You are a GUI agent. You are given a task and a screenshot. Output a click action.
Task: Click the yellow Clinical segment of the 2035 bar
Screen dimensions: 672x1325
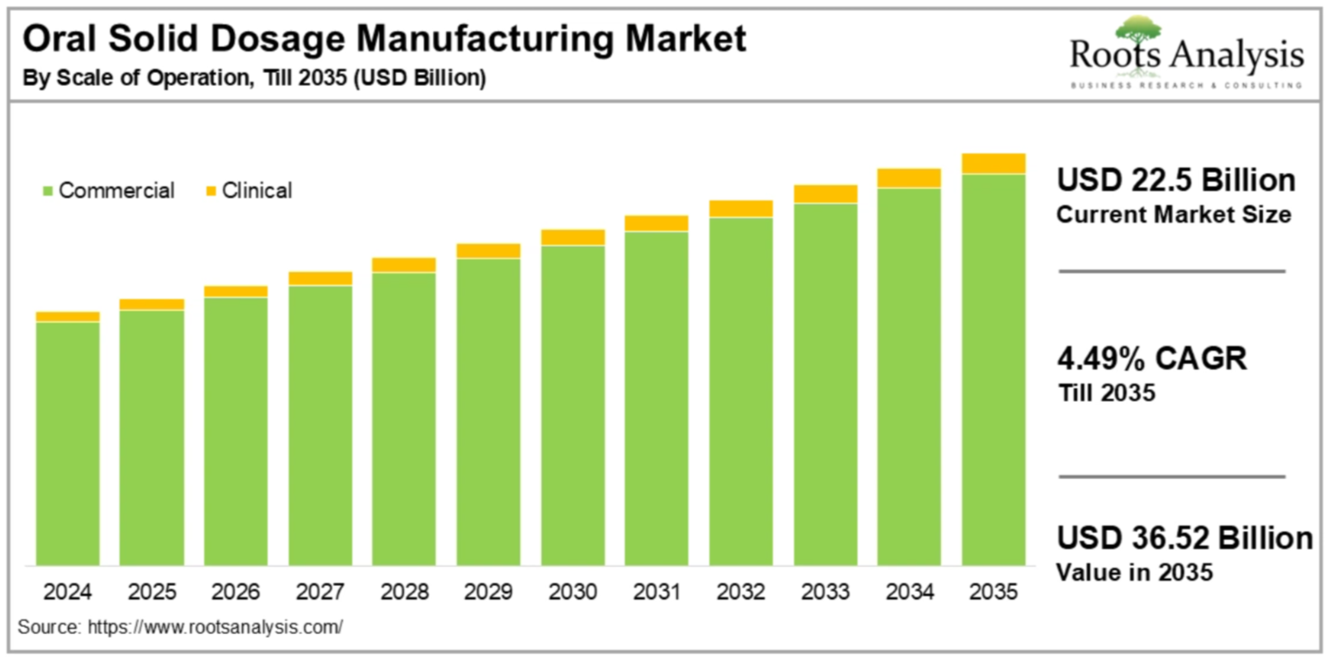coord(993,163)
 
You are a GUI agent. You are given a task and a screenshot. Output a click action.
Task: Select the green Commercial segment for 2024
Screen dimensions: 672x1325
coord(67,443)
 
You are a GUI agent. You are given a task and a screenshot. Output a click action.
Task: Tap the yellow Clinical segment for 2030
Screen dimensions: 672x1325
coord(573,237)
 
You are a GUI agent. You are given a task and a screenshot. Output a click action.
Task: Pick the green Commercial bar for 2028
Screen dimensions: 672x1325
coord(404,418)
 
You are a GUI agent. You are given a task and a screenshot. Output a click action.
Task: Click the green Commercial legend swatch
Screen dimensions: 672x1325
coord(46,190)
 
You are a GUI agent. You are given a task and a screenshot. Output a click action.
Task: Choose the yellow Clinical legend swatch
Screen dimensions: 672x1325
coord(210,190)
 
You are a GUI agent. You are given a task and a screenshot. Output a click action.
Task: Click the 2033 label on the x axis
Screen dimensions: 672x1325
coord(825,593)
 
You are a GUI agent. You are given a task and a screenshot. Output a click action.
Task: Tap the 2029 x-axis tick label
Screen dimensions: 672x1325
coord(488,593)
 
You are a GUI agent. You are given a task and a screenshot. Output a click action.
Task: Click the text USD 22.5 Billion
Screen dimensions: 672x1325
coord(1175,181)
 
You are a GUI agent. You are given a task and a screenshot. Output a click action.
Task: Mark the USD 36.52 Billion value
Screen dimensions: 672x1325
coord(1185,539)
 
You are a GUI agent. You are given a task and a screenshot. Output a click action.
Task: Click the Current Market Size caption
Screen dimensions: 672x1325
coord(1173,214)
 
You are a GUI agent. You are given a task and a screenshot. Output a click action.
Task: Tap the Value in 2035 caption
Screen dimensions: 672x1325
coord(1135,571)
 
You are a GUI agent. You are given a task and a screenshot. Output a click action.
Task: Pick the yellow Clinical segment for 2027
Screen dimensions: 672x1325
coord(320,278)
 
